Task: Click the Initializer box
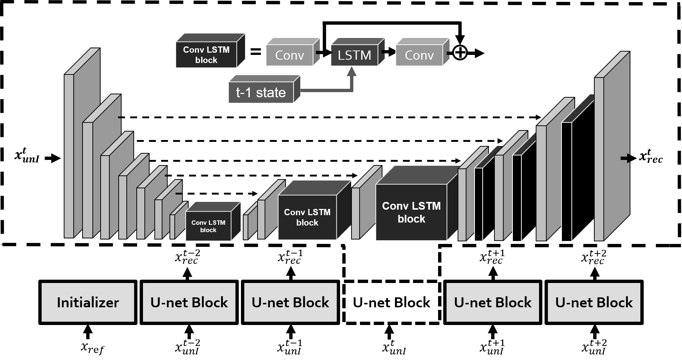coord(88,302)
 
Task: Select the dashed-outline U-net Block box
coord(391,302)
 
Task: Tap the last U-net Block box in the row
coord(594,302)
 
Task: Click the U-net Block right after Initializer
coord(189,302)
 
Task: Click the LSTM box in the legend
coord(354,56)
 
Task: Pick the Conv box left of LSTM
coord(289,56)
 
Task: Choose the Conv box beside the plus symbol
coord(419,56)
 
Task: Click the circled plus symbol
coord(460,53)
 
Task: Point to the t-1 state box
coord(261,92)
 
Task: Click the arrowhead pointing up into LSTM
coord(352,71)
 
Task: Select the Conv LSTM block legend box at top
coord(206,55)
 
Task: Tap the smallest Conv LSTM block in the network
coord(208,226)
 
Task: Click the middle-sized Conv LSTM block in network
coord(307,217)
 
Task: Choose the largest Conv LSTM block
coord(411,212)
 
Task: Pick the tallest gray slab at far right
coord(599,158)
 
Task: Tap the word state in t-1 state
coord(271,92)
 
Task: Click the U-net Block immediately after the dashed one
coord(493,302)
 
